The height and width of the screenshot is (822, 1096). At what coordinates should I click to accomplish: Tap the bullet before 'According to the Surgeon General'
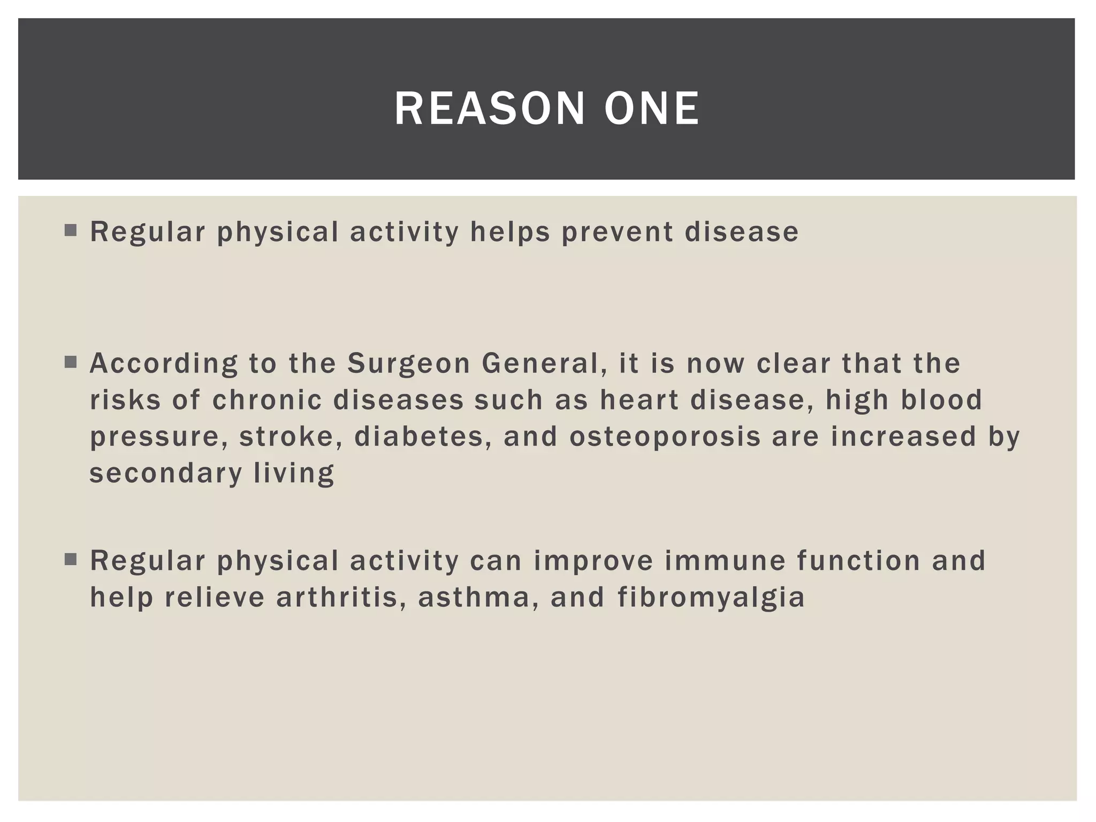tap(70, 362)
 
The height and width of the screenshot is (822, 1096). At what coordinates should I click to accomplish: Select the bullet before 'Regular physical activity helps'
tap(70, 231)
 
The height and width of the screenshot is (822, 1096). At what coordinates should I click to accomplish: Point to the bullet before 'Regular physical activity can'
tap(70, 560)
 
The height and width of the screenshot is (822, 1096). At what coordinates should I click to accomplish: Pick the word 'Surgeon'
tap(408, 363)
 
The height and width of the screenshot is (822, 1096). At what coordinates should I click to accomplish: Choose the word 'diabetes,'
tap(423, 436)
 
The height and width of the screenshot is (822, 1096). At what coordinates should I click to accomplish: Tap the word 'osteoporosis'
tap(665, 436)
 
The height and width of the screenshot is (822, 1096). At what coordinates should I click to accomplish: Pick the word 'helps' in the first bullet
tap(510, 232)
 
